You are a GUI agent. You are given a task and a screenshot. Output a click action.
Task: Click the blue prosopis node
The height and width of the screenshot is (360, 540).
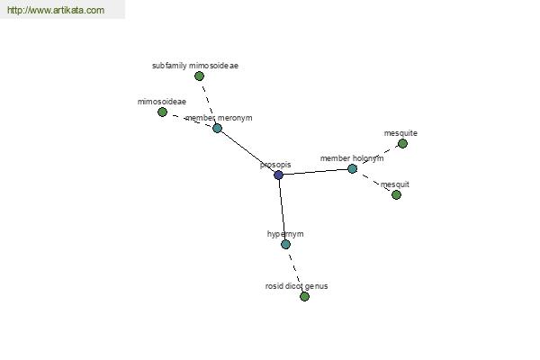click(x=278, y=175)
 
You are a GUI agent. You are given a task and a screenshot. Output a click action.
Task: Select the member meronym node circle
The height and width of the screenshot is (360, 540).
click(x=217, y=128)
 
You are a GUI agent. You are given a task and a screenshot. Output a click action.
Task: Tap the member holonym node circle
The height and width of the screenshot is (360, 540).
click(x=352, y=169)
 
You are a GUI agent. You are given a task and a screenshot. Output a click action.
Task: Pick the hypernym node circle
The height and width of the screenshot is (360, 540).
click(x=285, y=245)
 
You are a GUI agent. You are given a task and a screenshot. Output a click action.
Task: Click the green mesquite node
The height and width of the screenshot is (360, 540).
click(x=402, y=144)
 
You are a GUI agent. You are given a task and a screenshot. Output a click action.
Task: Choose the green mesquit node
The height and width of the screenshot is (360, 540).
click(x=396, y=195)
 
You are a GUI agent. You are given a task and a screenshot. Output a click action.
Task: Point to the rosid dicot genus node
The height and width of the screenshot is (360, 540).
click(x=304, y=297)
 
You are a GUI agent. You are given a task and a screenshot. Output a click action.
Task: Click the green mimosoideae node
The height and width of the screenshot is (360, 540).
click(x=162, y=112)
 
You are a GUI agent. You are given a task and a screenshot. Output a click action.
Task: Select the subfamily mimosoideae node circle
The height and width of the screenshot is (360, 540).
click(x=199, y=76)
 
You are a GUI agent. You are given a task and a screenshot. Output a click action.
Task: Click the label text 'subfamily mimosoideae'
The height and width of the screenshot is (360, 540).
click(x=195, y=66)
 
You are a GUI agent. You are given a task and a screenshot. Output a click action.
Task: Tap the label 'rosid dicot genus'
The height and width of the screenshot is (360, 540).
click(x=296, y=286)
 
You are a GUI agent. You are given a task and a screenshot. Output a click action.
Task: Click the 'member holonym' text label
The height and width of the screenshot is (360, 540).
click(x=352, y=158)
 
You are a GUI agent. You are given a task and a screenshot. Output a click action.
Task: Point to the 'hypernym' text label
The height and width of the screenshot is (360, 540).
click(x=285, y=234)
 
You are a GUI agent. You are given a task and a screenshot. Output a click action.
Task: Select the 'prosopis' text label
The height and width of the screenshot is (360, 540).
click(x=275, y=165)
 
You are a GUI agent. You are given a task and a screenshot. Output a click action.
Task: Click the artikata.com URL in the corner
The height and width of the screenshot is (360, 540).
click(x=56, y=10)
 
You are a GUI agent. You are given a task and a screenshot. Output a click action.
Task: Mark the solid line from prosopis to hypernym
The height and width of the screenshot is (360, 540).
click(x=282, y=210)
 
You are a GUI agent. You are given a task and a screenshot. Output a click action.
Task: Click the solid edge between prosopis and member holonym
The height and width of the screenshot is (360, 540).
click(x=315, y=172)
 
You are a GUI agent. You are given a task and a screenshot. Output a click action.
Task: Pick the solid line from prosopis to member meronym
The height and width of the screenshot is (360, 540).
click(x=247, y=151)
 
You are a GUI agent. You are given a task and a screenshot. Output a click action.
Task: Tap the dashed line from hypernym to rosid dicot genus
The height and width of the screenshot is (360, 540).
click(x=295, y=270)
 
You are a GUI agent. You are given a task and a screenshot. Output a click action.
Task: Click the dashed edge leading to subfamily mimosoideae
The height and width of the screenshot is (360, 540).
click(x=208, y=102)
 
